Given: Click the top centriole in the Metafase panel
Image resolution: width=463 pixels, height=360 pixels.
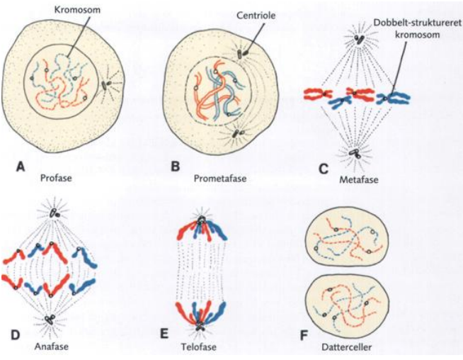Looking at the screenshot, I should (x=361, y=40).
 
